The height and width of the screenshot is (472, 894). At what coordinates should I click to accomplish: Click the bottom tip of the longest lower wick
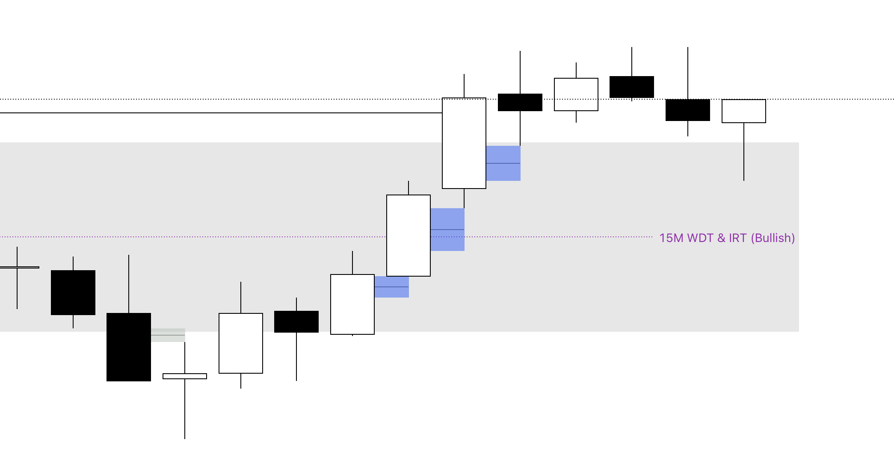point(185,439)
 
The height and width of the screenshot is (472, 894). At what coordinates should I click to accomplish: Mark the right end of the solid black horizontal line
point(442,113)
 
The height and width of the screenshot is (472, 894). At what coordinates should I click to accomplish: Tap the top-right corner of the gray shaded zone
point(799,142)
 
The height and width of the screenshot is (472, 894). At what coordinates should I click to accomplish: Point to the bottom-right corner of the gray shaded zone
point(799,332)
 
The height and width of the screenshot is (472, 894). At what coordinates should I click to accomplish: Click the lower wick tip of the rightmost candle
point(744,180)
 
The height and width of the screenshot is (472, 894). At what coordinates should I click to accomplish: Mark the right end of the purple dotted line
point(653,236)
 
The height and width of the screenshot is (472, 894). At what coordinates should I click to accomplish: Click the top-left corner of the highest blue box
point(486,146)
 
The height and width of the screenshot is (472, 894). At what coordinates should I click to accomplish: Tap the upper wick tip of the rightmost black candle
point(688,47)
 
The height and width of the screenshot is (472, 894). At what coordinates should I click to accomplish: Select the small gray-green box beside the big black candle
point(168,335)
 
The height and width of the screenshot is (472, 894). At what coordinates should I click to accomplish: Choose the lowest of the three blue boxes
point(392,287)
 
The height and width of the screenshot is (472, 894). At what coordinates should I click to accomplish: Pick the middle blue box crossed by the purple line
point(447,230)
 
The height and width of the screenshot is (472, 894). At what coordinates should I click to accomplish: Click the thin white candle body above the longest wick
point(185,376)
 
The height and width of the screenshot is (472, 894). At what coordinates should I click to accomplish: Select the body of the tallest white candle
point(464,143)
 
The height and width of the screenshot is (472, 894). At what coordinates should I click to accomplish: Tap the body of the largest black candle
point(129,347)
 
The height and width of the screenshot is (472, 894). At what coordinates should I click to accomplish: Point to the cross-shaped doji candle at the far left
point(17,268)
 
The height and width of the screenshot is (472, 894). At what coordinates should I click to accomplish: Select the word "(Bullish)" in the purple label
point(773,238)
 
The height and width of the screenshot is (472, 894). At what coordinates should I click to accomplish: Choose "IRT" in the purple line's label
point(738,238)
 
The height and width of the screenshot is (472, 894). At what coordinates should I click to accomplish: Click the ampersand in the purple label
point(722,238)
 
